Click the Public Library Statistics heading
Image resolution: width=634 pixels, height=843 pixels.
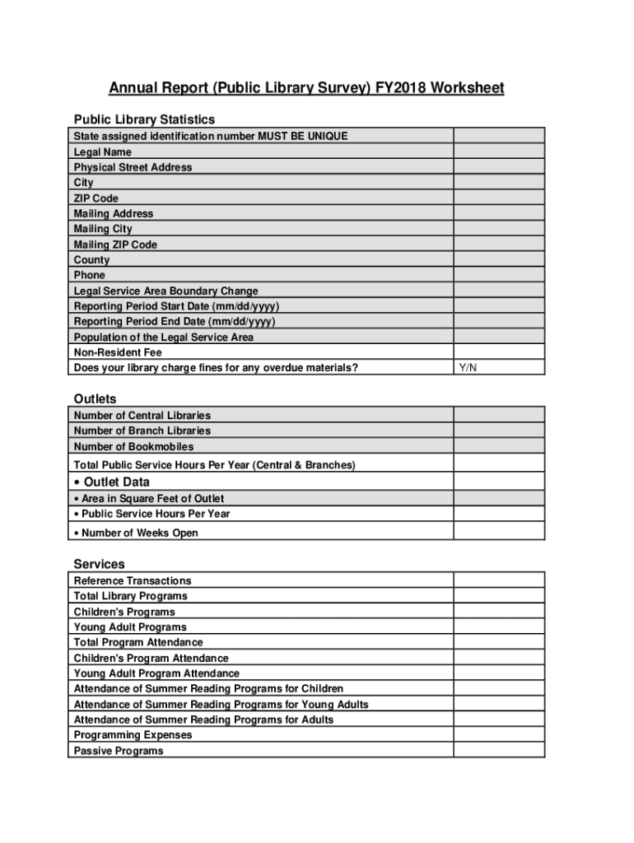coord(144,119)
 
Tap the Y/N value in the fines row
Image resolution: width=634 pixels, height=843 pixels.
coord(468,368)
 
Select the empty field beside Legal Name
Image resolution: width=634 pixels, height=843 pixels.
coord(499,151)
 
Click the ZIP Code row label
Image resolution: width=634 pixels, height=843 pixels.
coord(96,198)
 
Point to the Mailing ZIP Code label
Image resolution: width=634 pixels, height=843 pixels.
coord(115,245)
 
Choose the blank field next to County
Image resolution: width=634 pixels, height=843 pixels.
coord(499,260)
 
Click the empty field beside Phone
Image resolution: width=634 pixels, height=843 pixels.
coord(499,275)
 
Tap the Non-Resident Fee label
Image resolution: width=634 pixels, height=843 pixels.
coord(118,352)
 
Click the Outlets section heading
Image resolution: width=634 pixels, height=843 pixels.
coord(96,399)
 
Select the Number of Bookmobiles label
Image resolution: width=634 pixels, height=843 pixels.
coord(133,446)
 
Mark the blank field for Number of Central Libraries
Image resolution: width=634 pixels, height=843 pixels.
coord(499,415)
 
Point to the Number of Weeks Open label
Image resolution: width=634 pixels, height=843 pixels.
coord(139,533)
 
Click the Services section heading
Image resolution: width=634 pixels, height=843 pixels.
coord(100,564)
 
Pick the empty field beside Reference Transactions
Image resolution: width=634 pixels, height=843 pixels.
coord(499,580)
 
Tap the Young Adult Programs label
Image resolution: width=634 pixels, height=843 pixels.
coord(130,627)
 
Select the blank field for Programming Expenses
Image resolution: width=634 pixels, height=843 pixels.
coord(499,735)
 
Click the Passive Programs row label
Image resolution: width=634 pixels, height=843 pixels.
coord(119,751)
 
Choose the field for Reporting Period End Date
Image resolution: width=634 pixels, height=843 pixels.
coord(499,322)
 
